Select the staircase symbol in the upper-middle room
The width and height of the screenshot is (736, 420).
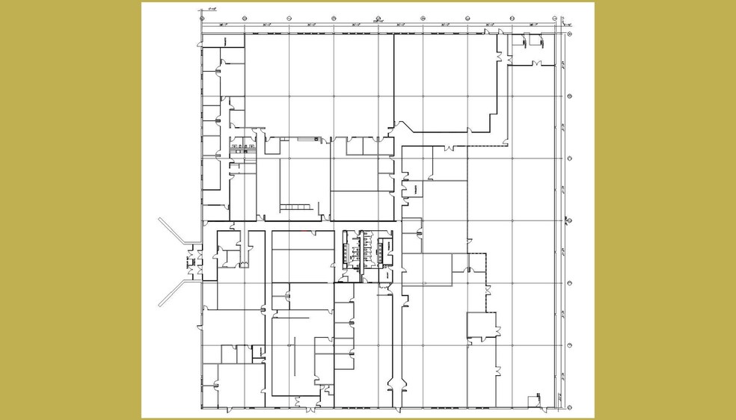296,206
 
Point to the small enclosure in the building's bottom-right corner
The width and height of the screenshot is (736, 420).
533,401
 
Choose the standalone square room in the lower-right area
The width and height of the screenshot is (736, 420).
482,325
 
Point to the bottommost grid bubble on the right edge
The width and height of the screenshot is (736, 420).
570,407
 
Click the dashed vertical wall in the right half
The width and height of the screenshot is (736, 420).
487,284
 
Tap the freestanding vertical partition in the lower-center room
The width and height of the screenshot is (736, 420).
295,356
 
